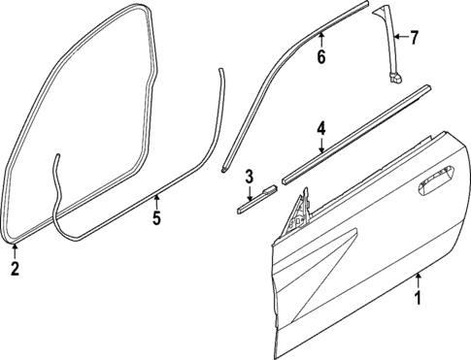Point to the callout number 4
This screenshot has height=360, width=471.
pos(320,126)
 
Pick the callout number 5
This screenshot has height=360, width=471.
pos(155,218)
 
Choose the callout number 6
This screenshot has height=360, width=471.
pos(320,57)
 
